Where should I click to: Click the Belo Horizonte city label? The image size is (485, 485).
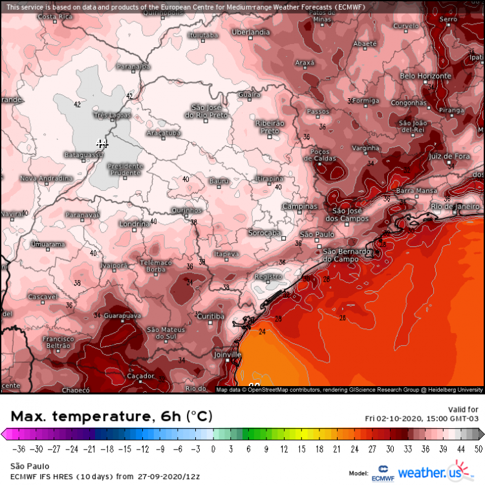(x=425, y=76)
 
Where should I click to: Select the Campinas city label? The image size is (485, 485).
(x=301, y=206)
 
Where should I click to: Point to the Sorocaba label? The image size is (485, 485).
(x=264, y=232)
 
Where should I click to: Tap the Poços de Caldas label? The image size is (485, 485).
(x=324, y=155)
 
